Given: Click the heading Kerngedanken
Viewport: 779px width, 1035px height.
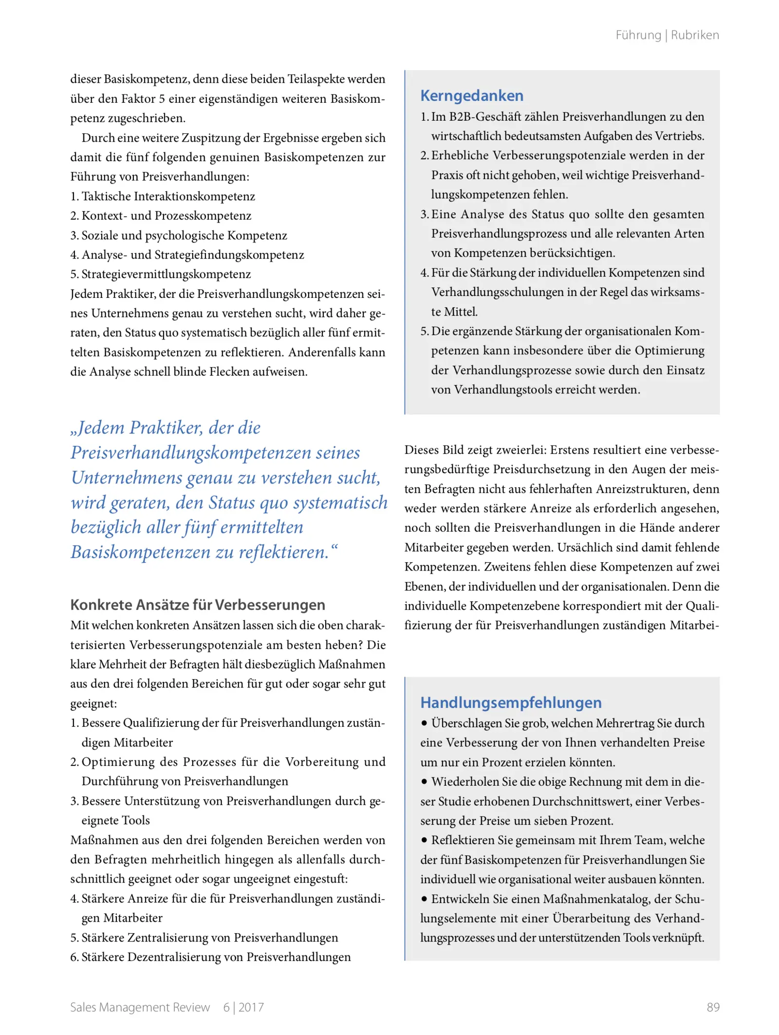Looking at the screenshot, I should [x=471, y=95].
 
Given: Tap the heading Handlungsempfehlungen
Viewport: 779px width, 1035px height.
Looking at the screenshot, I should [x=511, y=702].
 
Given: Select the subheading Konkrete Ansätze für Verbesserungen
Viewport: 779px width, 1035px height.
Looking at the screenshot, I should [x=198, y=605].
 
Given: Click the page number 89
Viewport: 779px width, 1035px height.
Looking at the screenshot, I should [x=713, y=1007].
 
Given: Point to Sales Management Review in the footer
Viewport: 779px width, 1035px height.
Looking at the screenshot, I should [x=140, y=1007].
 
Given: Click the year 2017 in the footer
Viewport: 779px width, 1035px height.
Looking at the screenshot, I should [x=251, y=1007].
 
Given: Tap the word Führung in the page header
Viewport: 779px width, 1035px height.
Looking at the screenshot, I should [x=638, y=35].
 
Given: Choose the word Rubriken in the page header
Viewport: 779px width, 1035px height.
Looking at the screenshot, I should [x=695, y=35].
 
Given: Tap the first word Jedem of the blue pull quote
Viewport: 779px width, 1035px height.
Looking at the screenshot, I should [x=101, y=427].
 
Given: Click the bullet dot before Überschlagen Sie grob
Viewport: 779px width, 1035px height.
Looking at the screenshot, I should [x=425, y=723].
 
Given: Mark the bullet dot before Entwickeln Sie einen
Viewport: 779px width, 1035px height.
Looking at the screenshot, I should [x=425, y=898].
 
